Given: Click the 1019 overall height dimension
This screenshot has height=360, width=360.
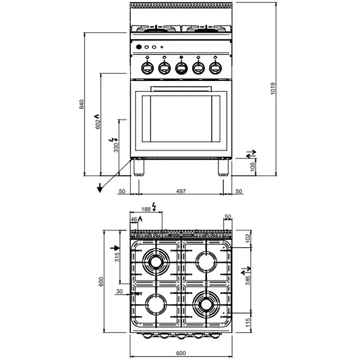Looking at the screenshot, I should pyautogui.click(x=273, y=89).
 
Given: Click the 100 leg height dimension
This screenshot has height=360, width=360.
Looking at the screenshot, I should pyautogui.click(x=253, y=166).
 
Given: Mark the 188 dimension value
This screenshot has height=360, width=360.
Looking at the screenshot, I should pyautogui.click(x=146, y=209).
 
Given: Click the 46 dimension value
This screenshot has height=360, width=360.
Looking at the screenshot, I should pyautogui.click(x=134, y=220).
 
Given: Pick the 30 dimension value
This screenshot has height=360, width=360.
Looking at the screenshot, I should pyautogui.click(x=120, y=292).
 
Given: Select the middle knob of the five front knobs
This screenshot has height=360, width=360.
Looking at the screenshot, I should pyautogui.click(x=181, y=67).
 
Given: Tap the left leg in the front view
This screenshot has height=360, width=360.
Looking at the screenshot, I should pyautogui.click(x=139, y=166).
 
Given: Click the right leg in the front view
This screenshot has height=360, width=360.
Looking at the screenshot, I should pyautogui.click(x=223, y=166).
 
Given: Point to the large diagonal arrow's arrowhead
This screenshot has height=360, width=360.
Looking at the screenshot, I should pyautogui.click(x=98, y=190).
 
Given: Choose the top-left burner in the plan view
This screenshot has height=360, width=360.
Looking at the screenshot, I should pyautogui.click(x=157, y=262).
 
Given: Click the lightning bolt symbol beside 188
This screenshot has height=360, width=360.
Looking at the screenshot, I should pyautogui.click(x=155, y=207).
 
